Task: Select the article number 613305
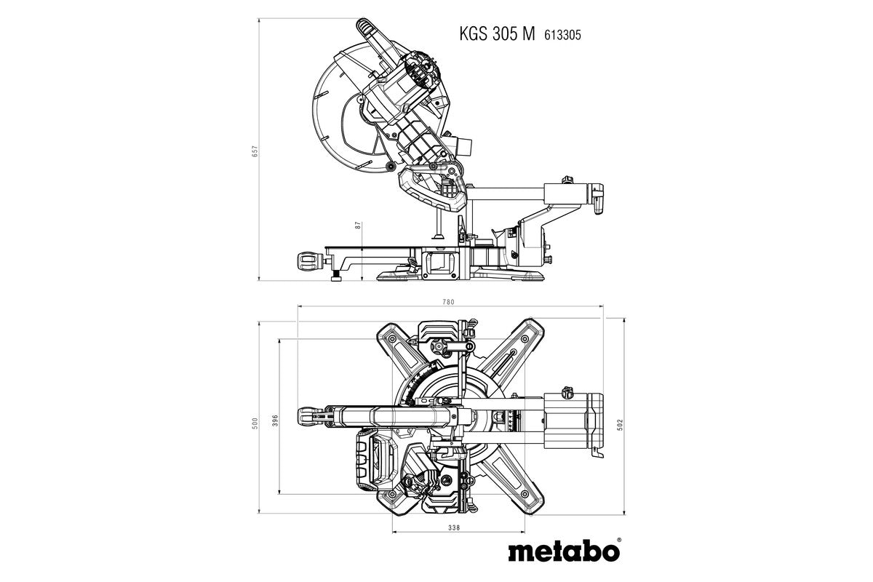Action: (562, 33)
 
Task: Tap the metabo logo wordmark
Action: (563, 550)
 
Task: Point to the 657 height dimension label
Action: (255, 151)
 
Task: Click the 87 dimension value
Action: (359, 225)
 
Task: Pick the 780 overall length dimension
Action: (450, 303)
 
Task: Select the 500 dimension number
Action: (255, 423)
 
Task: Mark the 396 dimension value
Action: (275, 422)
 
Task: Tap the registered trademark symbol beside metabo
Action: (618, 541)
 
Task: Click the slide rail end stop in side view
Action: (597, 198)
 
